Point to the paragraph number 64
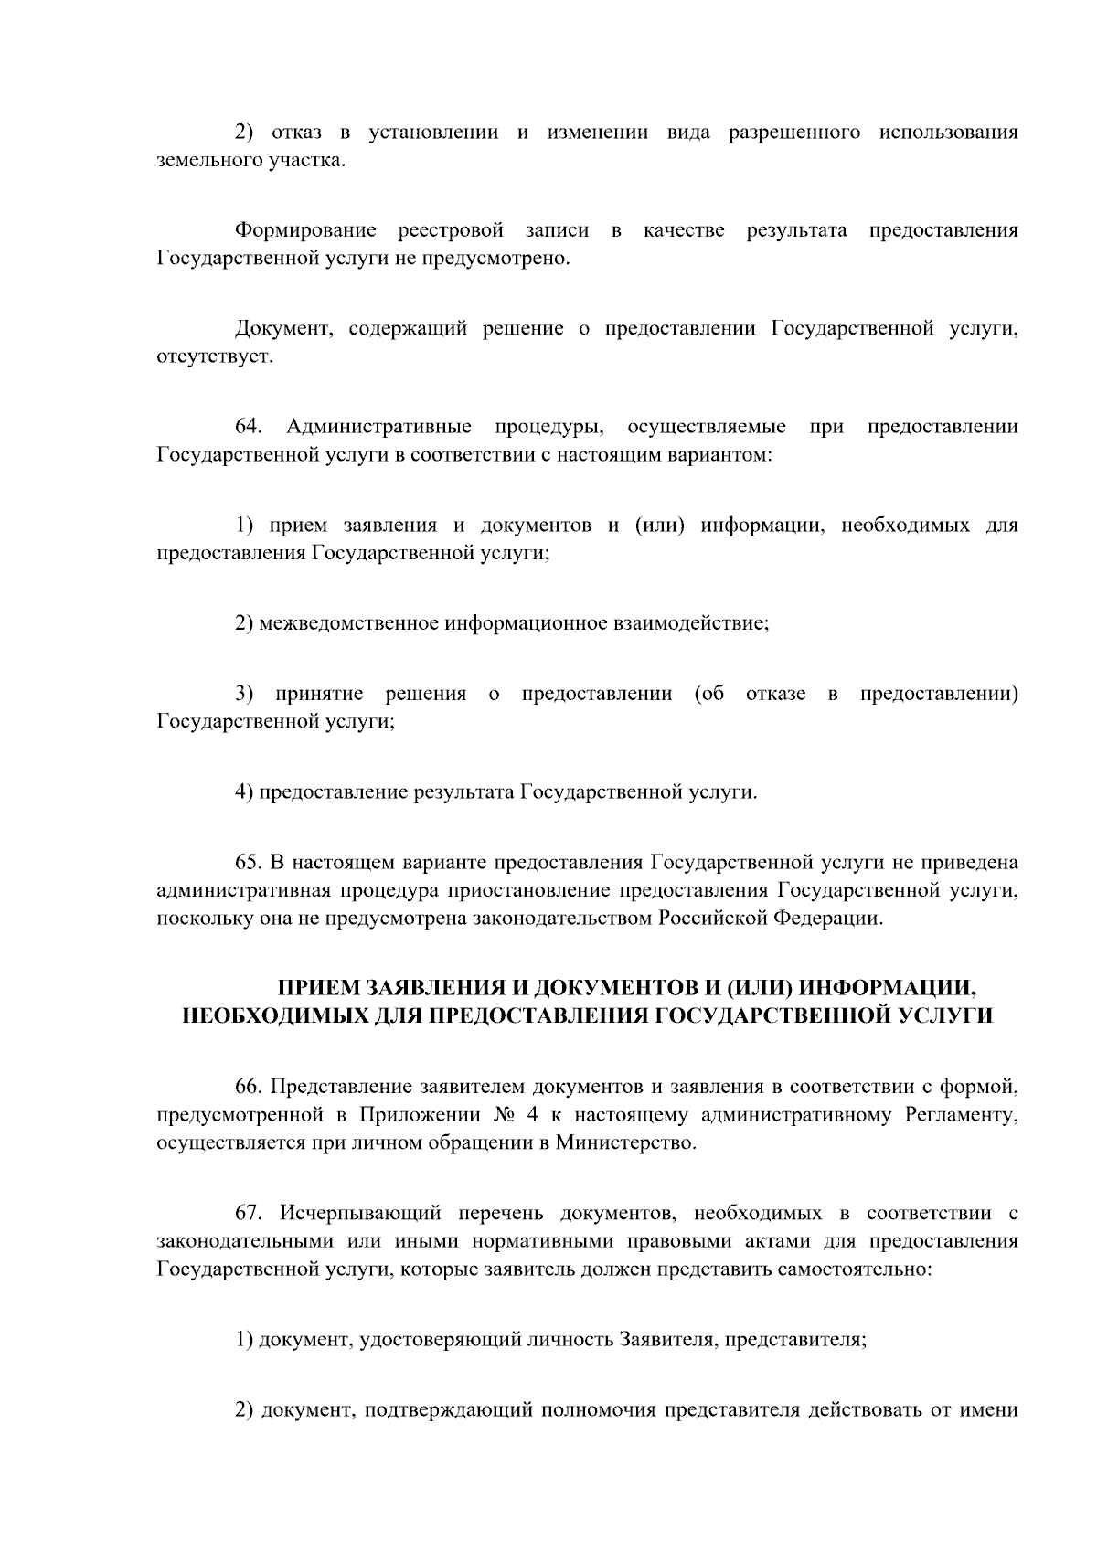pos(249,427)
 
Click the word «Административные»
pos(379,427)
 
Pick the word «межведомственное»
pos(350,624)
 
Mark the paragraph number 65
pos(249,862)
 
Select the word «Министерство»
pos(625,1143)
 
